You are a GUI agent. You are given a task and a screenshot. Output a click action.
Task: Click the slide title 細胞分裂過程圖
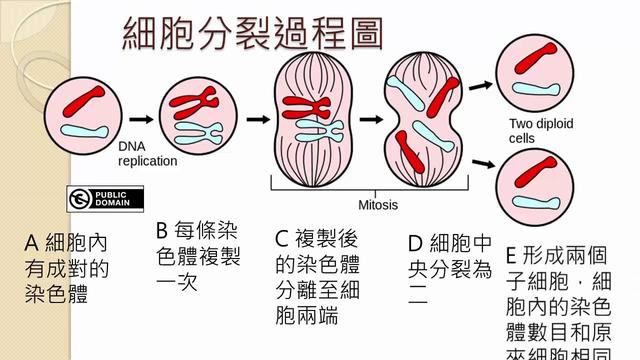[252, 34]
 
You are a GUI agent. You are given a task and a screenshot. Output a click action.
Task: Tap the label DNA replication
[147, 153]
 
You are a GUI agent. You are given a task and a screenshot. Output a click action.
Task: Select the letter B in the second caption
[163, 231]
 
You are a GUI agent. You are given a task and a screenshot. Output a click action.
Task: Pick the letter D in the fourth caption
[416, 243]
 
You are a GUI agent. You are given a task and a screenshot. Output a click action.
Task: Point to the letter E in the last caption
[512, 254]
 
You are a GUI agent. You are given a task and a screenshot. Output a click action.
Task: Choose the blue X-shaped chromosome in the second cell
[200, 130]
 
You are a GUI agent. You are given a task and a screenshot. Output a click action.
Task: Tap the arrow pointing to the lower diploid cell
[482, 159]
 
